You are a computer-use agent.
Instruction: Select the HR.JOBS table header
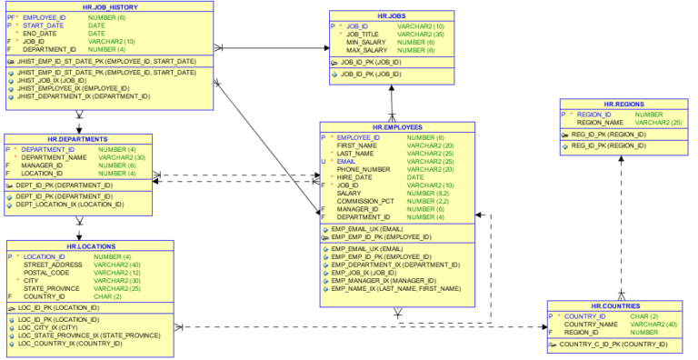(x=393, y=16)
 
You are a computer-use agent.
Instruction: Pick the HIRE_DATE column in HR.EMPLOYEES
(x=355, y=176)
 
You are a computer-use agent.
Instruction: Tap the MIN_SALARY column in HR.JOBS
(x=365, y=42)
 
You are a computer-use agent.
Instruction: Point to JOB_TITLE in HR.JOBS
(x=363, y=34)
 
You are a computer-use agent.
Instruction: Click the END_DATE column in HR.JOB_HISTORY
(x=39, y=34)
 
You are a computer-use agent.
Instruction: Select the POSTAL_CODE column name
(x=46, y=273)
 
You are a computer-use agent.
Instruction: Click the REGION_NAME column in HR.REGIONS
(x=600, y=122)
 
